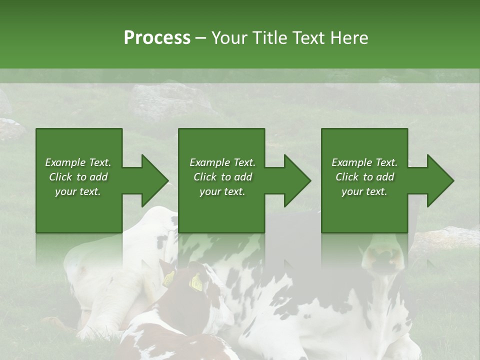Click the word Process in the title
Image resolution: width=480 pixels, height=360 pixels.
coord(157,38)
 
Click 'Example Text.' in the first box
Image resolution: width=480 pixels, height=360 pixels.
coord(78,162)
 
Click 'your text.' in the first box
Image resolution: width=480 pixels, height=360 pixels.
coord(78,191)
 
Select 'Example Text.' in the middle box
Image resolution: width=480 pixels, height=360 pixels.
coord(222,162)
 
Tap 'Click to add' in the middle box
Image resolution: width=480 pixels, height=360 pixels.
coord(222,177)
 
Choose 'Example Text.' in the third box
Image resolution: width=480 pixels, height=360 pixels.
coord(364,162)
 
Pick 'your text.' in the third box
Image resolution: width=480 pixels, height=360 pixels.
coord(364,191)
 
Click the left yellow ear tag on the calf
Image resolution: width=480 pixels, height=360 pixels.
coord(169,278)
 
